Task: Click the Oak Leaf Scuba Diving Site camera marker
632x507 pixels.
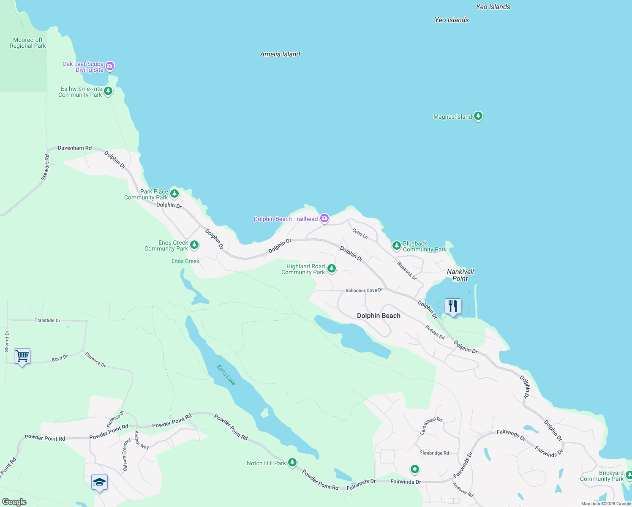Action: (110, 66)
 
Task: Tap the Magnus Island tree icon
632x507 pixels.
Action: (478, 116)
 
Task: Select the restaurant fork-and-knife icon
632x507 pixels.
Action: (453, 306)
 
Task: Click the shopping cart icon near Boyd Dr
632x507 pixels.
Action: (22, 356)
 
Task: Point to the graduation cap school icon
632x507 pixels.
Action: (99, 482)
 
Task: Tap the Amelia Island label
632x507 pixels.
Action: (280, 54)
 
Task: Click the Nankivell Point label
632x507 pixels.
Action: (460, 275)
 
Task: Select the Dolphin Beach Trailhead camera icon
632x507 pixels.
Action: (324, 218)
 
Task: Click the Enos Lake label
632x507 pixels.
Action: (226, 375)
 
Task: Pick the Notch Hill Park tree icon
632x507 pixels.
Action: (292, 462)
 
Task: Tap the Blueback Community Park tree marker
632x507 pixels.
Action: (396, 245)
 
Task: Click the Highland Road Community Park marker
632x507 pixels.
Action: (332, 268)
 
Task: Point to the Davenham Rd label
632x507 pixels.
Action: (75, 148)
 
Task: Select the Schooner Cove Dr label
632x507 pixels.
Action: (364, 290)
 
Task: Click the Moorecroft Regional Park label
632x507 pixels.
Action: (28, 43)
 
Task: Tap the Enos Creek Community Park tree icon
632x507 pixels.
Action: (194, 245)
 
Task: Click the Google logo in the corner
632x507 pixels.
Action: (14, 502)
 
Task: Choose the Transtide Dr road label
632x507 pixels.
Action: (47, 320)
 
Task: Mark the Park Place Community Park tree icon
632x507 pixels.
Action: (174, 194)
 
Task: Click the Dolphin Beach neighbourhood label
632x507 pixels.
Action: (379, 316)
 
